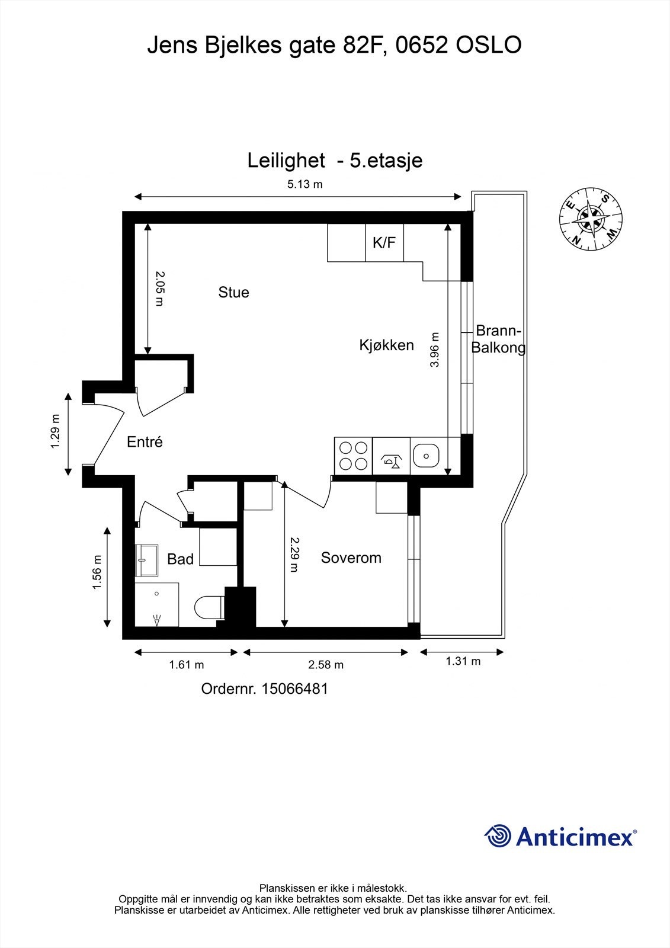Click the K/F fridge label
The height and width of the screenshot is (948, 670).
tap(384, 242)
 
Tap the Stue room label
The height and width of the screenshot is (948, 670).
tap(233, 292)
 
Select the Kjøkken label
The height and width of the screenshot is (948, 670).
tap(386, 345)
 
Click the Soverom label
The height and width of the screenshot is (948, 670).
tap(351, 558)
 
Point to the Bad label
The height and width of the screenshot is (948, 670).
tap(180, 559)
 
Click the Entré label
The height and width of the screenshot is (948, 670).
tap(145, 441)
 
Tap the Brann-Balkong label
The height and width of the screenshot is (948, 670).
tap(498, 340)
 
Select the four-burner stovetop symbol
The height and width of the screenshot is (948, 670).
tap(353, 456)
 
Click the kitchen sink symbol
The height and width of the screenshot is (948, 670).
tap(425, 456)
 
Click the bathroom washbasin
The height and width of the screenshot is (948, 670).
tap(146, 561)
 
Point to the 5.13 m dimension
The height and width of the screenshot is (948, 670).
tap(304, 184)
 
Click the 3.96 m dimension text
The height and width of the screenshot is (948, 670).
tap(435, 350)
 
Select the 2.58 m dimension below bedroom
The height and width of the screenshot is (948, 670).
tap(326, 665)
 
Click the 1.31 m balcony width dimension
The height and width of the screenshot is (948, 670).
tap(463, 661)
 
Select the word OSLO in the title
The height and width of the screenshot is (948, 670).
tap(489, 46)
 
